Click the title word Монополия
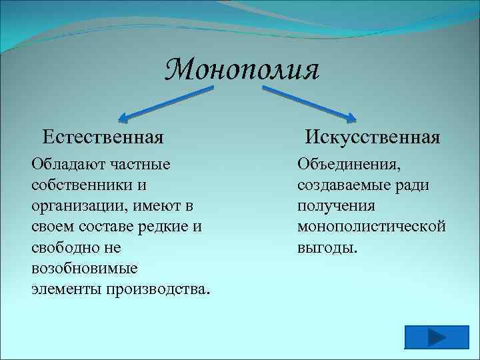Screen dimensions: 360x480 coord(243,69)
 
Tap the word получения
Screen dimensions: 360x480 coord(337,205)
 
